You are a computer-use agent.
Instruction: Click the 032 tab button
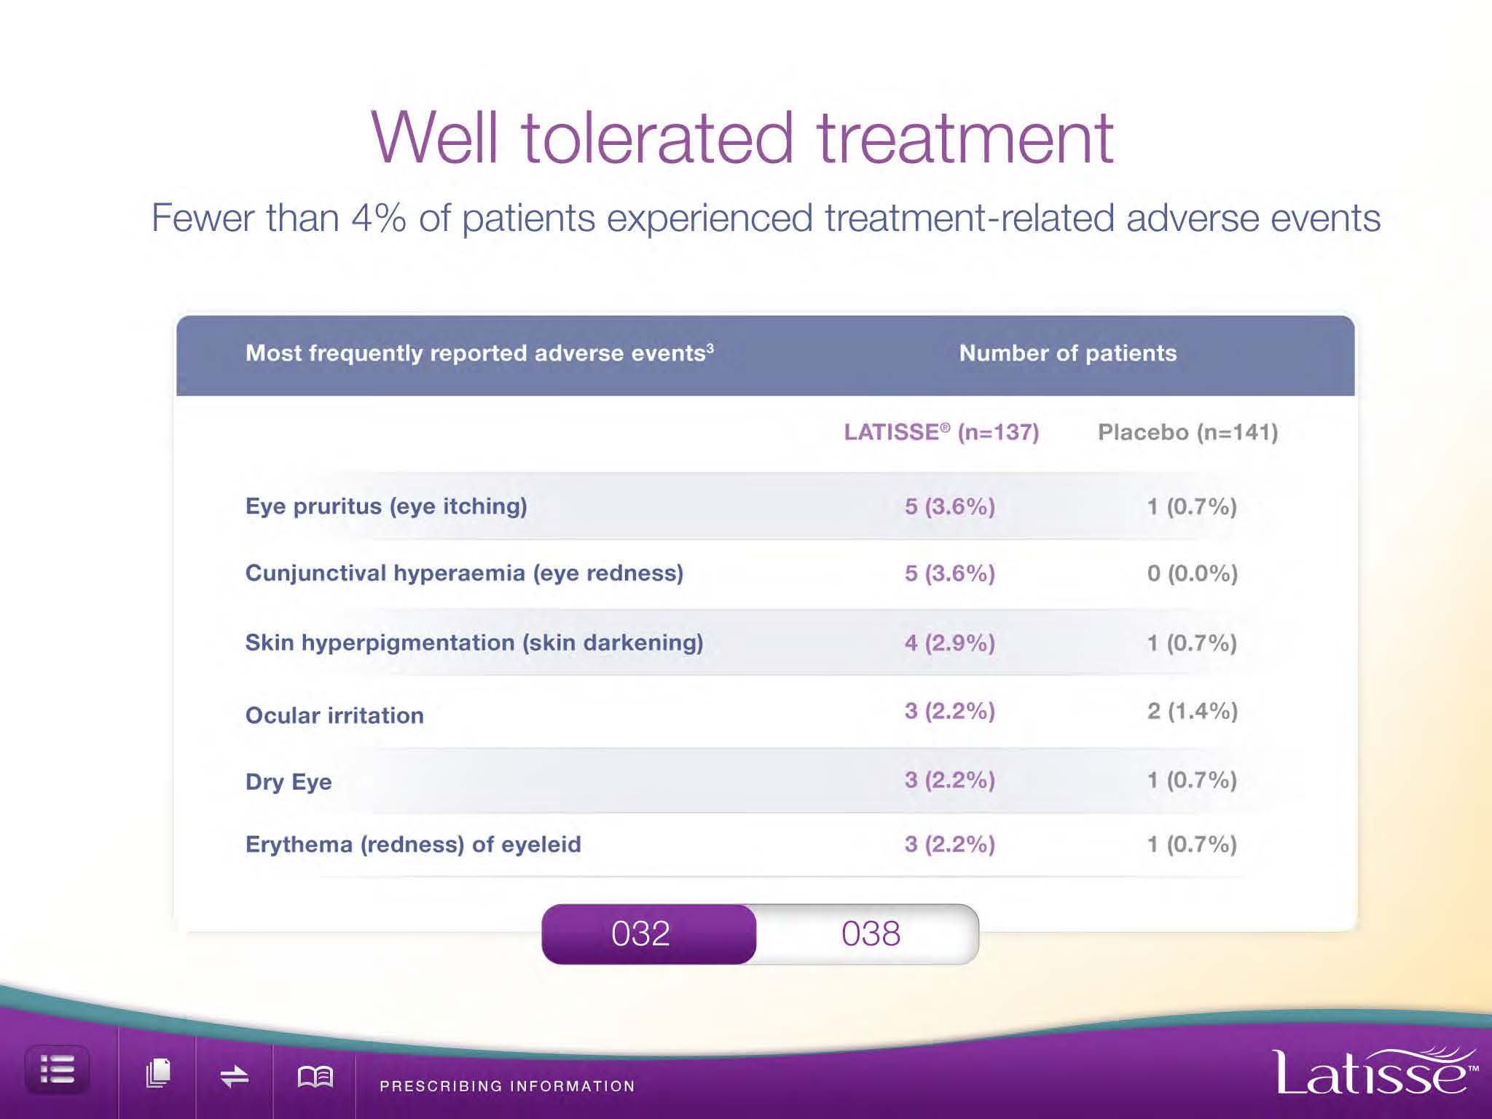[649, 934]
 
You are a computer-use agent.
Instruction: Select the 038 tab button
[870, 934]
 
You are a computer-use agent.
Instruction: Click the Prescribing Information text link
[507, 1085]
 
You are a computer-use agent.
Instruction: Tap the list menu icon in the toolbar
[58, 1069]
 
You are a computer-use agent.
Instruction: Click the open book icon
[315, 1076]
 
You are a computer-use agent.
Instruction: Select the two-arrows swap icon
[235, 1076]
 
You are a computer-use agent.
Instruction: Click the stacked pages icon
[158, 1074]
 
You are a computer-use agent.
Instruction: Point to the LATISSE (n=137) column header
[941, 432]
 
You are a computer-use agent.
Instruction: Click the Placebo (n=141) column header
[1188, 432]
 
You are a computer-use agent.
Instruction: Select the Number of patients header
[1068, 353]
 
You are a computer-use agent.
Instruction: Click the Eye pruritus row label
[386, 506]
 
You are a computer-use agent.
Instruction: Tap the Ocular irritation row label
[334, 715]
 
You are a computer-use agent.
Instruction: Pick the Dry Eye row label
[288, 782]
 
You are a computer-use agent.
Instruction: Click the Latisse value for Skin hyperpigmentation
[950, 643]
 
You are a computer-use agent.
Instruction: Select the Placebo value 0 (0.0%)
[1193, 573]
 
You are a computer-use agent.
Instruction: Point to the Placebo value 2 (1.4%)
[1193, 711]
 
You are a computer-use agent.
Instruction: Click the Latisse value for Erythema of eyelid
[950, 844]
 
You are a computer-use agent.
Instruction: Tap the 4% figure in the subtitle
[379, 218]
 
